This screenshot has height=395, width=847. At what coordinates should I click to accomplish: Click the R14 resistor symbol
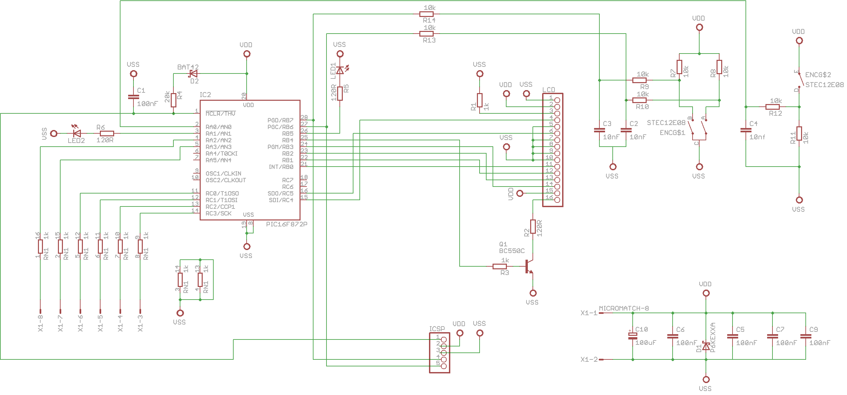(426, 14)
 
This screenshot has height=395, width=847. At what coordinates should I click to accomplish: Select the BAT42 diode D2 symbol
(193, 73)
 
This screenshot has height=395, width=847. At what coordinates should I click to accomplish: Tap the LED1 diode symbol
(340, 70)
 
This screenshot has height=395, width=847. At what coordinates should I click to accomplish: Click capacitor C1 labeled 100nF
(133, 97)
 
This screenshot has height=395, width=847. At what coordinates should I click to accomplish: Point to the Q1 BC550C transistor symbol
(529, 266)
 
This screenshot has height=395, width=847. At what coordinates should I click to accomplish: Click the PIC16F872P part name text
(287, 224)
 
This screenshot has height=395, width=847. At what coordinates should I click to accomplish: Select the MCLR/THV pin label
(220, 114)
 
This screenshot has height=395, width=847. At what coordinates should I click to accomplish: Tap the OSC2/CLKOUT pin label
(226, 180)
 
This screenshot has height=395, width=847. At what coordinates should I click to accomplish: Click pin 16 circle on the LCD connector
(557, 200)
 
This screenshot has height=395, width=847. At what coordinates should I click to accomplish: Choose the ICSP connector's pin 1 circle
(444, 339)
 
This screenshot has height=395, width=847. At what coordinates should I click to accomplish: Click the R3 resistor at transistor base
(500, 266)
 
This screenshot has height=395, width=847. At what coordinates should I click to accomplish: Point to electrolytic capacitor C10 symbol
(633, 336)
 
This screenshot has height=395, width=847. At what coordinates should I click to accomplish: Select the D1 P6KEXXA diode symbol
(706, 346)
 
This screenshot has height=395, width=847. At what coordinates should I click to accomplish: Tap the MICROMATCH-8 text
(624, 309)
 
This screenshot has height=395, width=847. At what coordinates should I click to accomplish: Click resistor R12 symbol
(772, 107)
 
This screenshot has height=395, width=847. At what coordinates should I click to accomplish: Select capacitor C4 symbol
(746, 130)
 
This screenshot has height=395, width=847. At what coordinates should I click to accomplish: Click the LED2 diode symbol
(77, 134)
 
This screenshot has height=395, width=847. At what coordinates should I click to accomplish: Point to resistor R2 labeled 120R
(533, 226)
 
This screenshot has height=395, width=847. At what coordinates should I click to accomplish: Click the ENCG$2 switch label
(818, 75)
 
